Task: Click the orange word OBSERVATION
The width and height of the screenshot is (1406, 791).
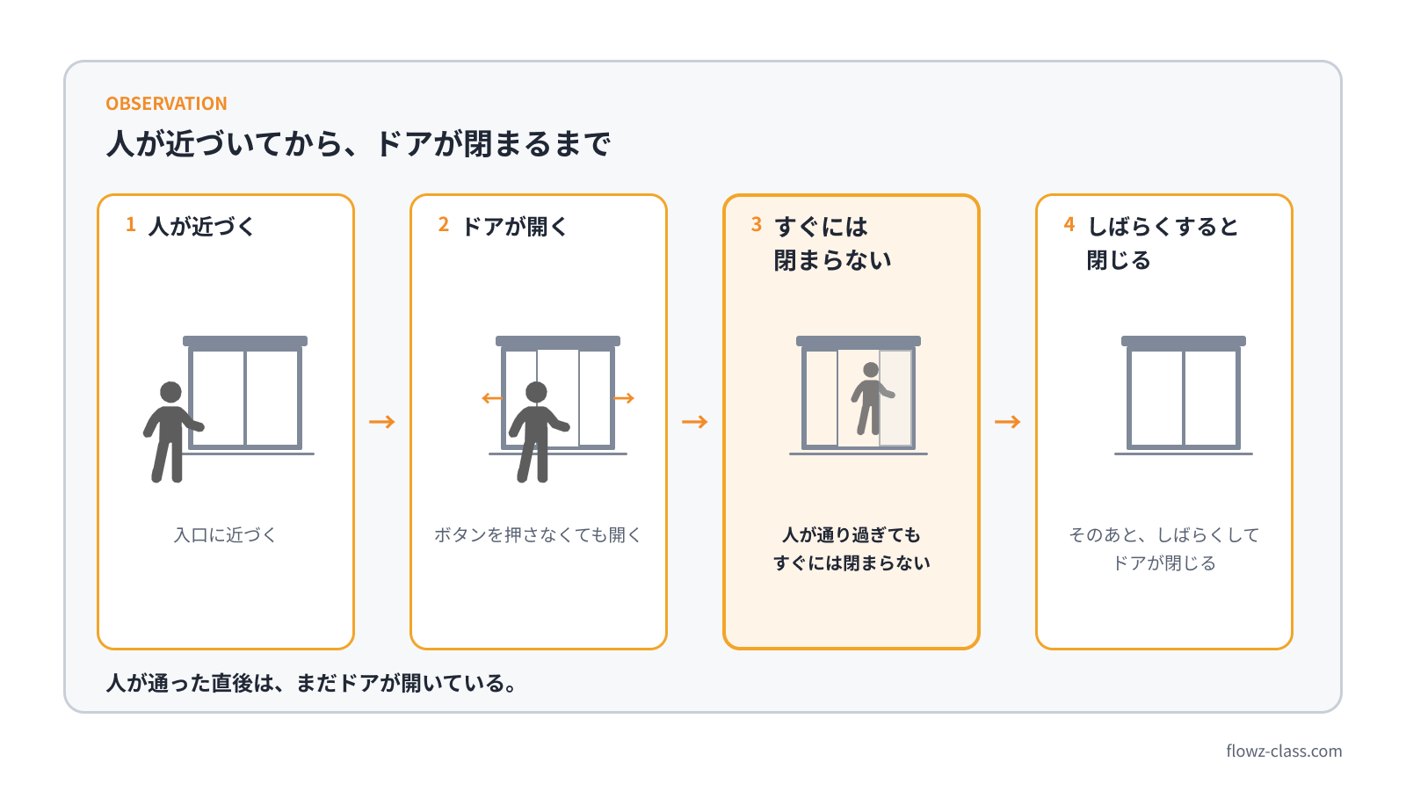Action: coord(166,103)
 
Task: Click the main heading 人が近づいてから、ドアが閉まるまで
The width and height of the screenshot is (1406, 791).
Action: coord(359,143)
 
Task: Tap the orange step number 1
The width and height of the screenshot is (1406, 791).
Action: coord(131,224)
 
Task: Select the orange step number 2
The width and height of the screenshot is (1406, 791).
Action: coord(443,224)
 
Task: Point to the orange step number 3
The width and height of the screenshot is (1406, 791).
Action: coord(757,224)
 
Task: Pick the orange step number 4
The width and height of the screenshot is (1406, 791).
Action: coord(1069,224)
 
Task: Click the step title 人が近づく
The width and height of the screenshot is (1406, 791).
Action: coord(201,227)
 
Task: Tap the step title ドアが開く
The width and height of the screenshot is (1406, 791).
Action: coord(515,227)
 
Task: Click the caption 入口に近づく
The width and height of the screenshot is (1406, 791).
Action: coord(225,535)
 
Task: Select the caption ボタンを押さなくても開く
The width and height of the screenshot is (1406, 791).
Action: coord(538,535)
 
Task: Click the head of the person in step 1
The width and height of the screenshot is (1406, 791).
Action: coord(170,392)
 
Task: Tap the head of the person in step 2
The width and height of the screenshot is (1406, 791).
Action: coord(536,392)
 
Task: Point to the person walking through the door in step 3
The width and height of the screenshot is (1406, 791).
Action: coord(871,399)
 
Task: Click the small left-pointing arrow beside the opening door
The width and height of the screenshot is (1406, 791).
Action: coord(491,398)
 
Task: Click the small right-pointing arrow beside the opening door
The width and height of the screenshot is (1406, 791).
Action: coord(625,398)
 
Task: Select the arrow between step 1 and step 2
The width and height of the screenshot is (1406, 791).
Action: coord(382,421)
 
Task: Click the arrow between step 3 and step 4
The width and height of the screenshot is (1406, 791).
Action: coord(1008,421)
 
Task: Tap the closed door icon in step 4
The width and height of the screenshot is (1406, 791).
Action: coord(1183,395)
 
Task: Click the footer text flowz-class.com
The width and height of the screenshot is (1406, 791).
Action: coord(1284,751)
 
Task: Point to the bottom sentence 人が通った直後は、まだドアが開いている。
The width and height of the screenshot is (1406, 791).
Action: coord(311,682)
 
